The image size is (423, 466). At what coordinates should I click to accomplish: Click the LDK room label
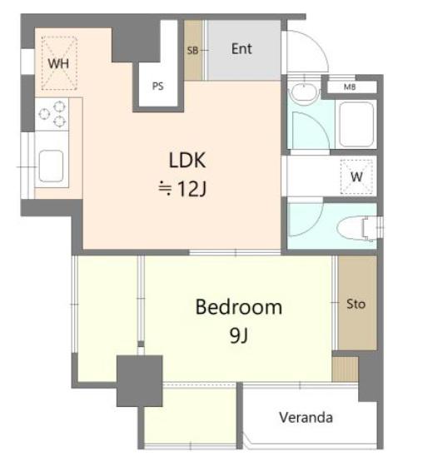pyautogui.click(x=187, y=161)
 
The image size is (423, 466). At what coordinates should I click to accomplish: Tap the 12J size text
pyautogui.click(x=192, y=189)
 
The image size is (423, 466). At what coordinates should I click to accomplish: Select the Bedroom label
pyautogui.click(x=239, y=307)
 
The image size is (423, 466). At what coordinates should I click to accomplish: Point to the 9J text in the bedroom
pyautogui.click(x=239, y=336)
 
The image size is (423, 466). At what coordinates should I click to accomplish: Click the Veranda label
pyautogui.click(x=306, y=418)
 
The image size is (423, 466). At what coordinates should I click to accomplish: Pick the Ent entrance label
pyautogui.click(x=241, y=49)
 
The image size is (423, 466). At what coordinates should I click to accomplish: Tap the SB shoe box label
pyautogui.click(x=192, y=51)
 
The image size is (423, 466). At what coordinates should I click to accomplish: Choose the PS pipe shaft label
pyautogui.click(x=157, y=87)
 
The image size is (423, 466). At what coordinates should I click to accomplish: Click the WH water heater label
pyautogui.click(x=58, y=63)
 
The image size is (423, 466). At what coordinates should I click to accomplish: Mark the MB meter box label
pyautogui.click(x=350, y=87)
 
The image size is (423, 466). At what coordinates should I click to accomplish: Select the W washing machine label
pyautogui.click(x=356, y=176)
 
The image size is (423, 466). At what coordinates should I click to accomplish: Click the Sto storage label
pyautogui.click(x=356, y=304)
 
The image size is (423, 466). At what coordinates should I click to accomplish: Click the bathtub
pyautogui.click(x=356, y=124)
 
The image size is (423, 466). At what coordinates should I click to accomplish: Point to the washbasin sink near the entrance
pyautogui.click(x=303, y=92)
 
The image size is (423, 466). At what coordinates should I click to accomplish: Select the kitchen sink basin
pyautogui.click(x=51, y=166)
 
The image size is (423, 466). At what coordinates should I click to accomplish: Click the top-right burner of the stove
pyautogui.click(x=59, y=106)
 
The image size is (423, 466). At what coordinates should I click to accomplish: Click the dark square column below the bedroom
pyautogui.click(x=140, y=381)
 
